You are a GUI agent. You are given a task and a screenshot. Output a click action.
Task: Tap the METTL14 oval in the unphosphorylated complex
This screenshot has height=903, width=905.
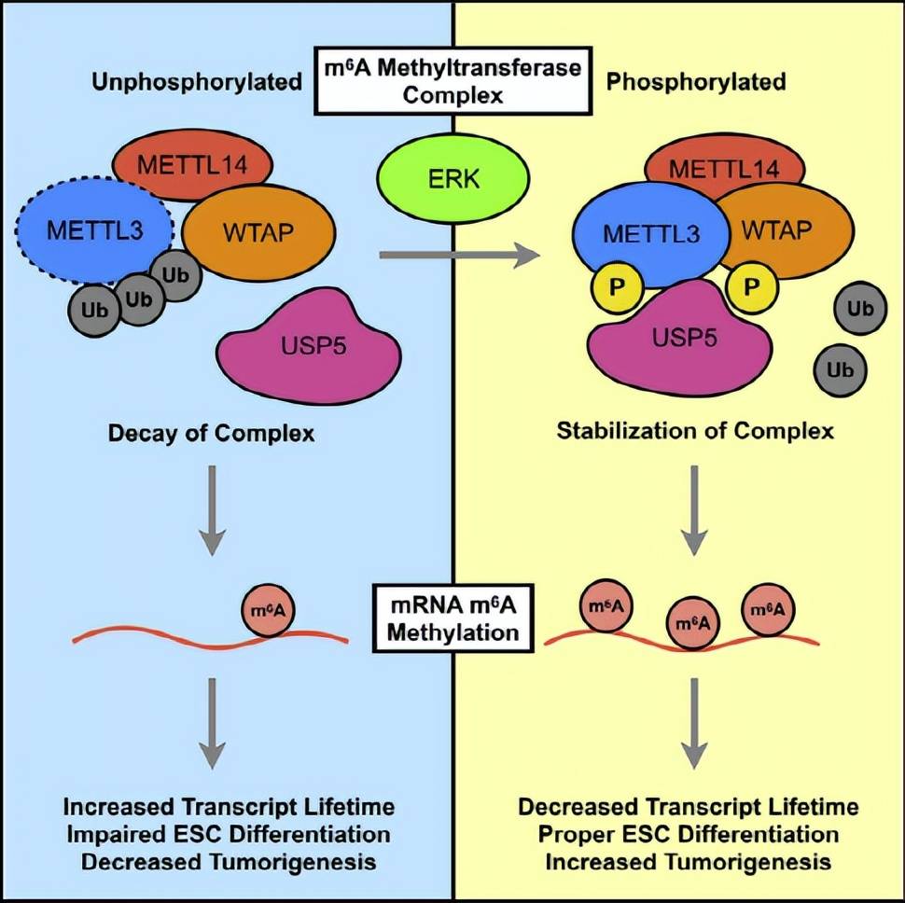192,166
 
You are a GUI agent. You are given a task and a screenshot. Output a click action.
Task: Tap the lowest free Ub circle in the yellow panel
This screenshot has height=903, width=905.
840,369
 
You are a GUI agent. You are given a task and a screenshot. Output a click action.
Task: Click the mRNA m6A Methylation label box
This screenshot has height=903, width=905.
452,617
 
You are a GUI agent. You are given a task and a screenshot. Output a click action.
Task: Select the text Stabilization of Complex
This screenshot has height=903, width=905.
694,432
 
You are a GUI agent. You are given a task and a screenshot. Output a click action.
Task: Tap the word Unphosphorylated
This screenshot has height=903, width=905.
197,82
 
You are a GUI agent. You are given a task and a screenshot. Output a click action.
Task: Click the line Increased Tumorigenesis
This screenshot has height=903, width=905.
689,860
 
